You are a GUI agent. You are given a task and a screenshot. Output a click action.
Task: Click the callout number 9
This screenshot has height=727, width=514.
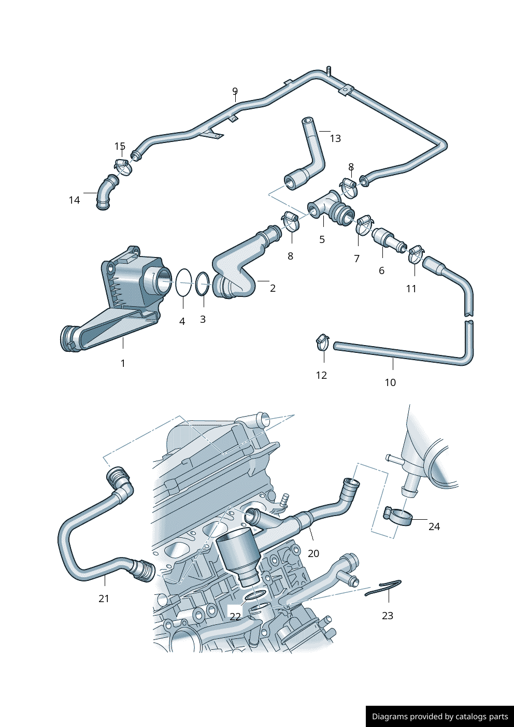click(x=235, y=92)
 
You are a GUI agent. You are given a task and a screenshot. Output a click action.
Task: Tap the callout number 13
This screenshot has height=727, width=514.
click(x=335, y=138)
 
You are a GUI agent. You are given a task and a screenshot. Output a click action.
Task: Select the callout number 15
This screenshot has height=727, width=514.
click(x=120, y=147)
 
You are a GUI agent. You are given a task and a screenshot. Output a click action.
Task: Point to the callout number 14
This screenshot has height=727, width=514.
click(x=74, y=200)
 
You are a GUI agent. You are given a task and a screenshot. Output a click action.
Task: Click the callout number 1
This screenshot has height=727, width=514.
click(x=123, y=363)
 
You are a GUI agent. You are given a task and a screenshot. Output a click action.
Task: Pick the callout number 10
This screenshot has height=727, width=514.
click(x=390, y=382)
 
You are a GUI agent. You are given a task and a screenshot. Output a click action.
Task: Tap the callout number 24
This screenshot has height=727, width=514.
click(x=434, y=526)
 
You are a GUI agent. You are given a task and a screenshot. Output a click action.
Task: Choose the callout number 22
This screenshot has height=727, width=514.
click(x=235, y=616)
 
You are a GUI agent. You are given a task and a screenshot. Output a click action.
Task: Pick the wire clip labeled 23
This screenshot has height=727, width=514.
click(x=383, y=587)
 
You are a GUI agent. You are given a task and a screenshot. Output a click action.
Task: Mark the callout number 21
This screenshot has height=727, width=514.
click(x=104, y=598)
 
